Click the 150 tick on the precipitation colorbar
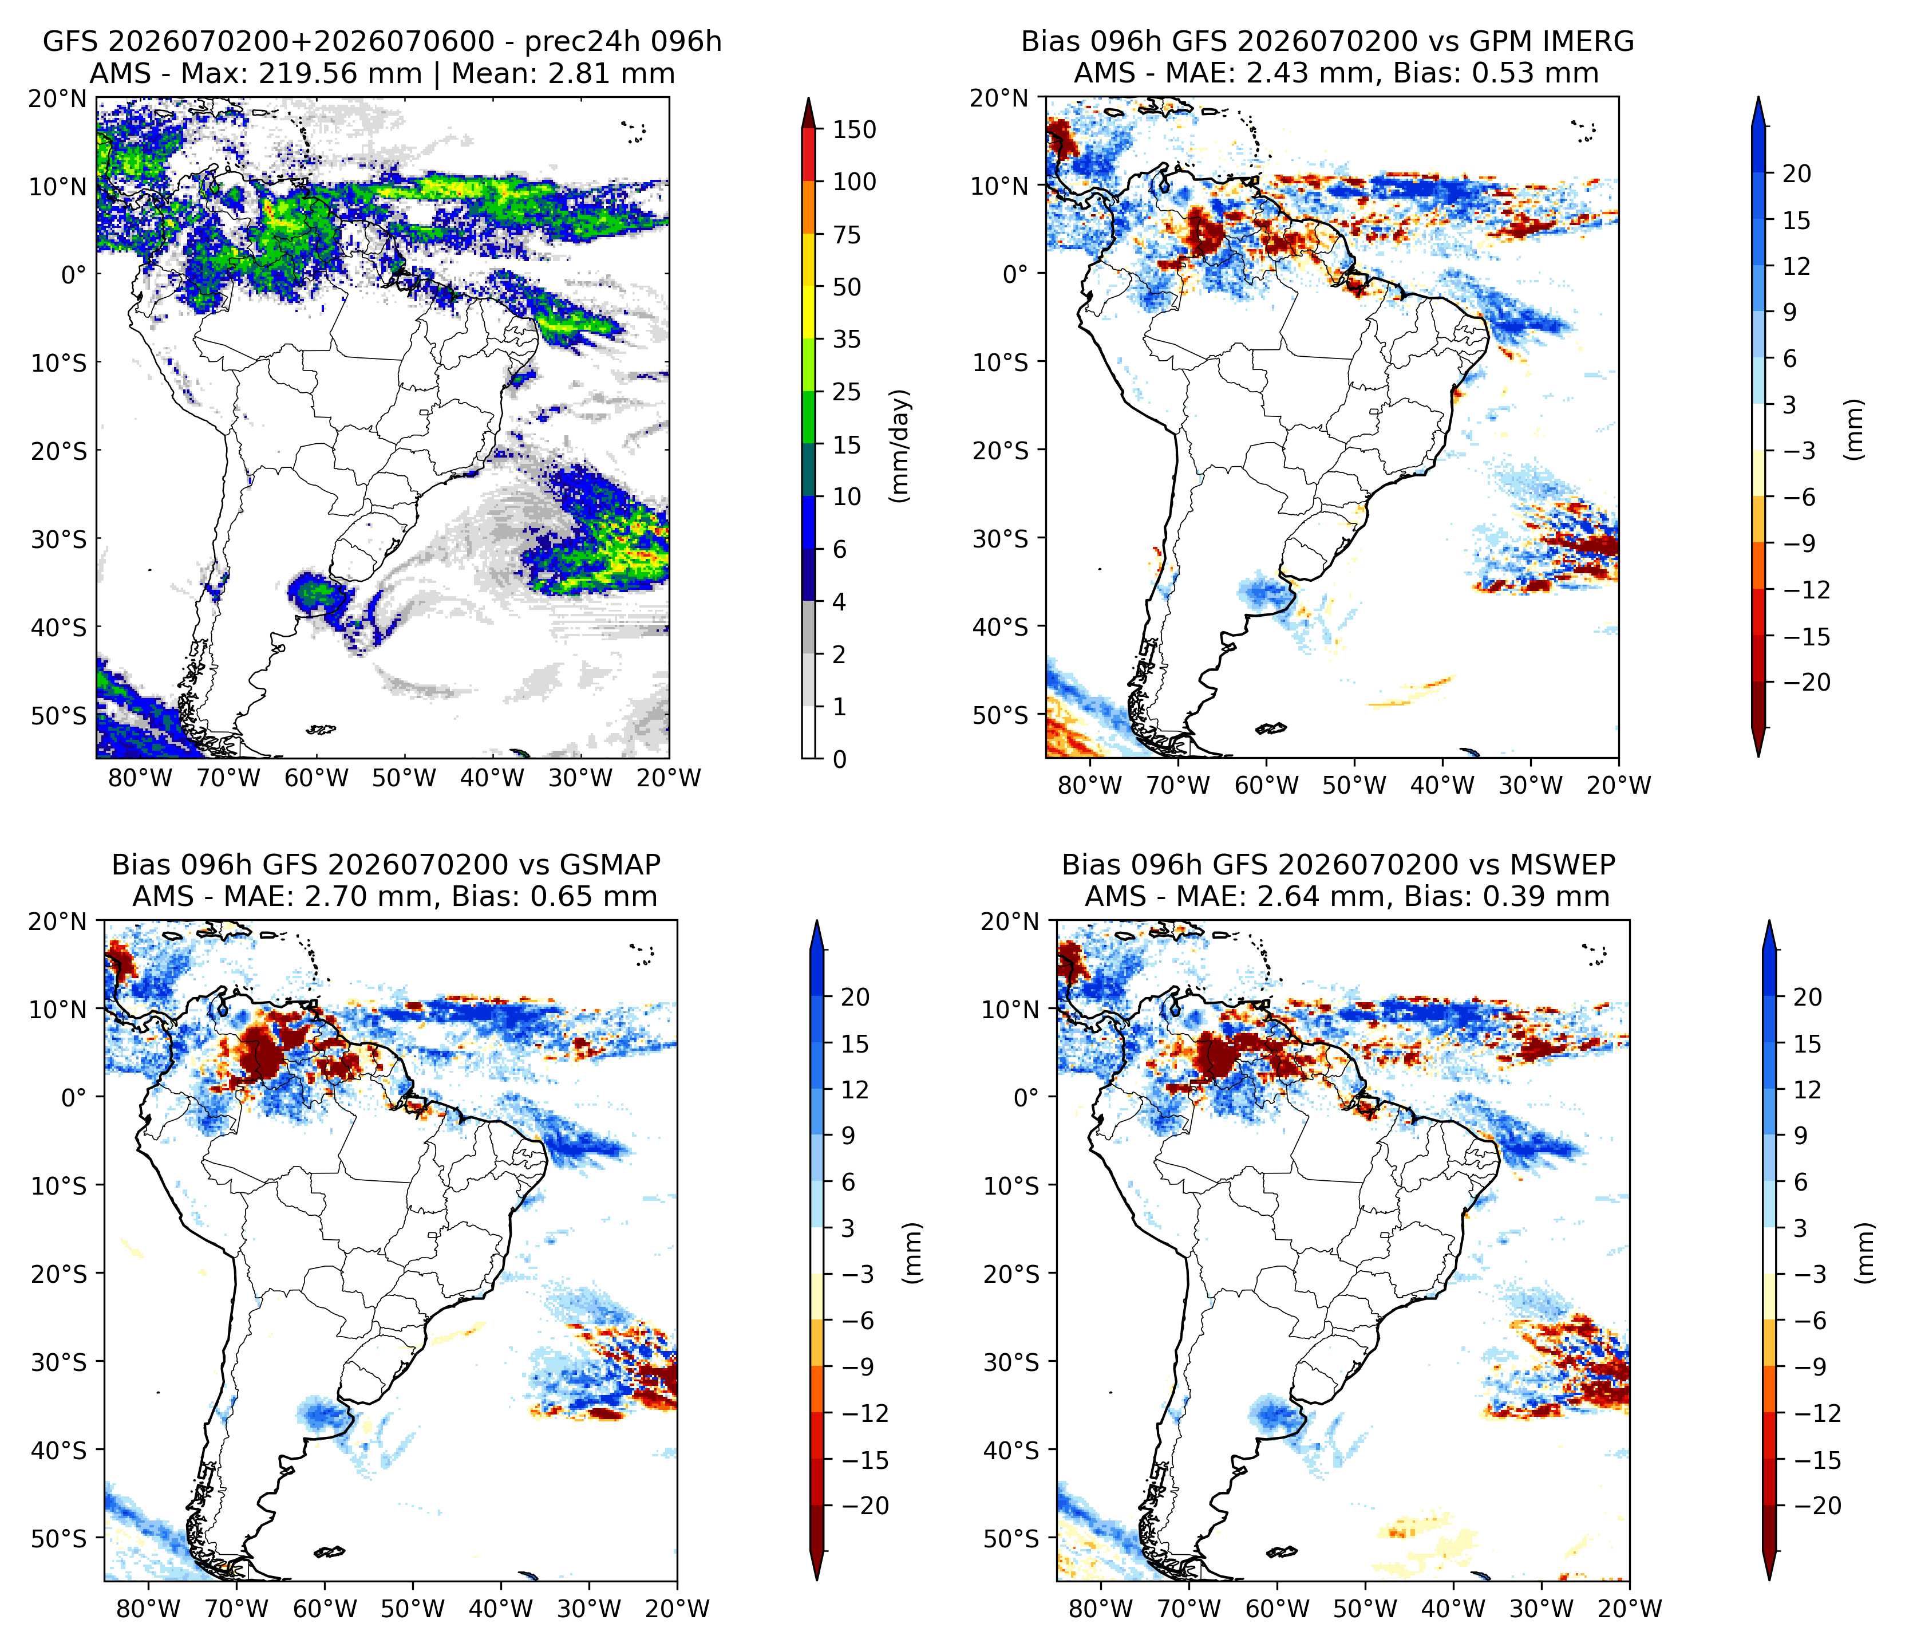click(854, 129)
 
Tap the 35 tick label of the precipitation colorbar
click(847, 340)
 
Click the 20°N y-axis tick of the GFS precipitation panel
click(58, 98)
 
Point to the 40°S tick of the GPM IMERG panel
click(1001, 627)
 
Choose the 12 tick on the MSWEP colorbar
click(1808, 1090)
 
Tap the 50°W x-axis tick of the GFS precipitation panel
click(405, 778)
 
